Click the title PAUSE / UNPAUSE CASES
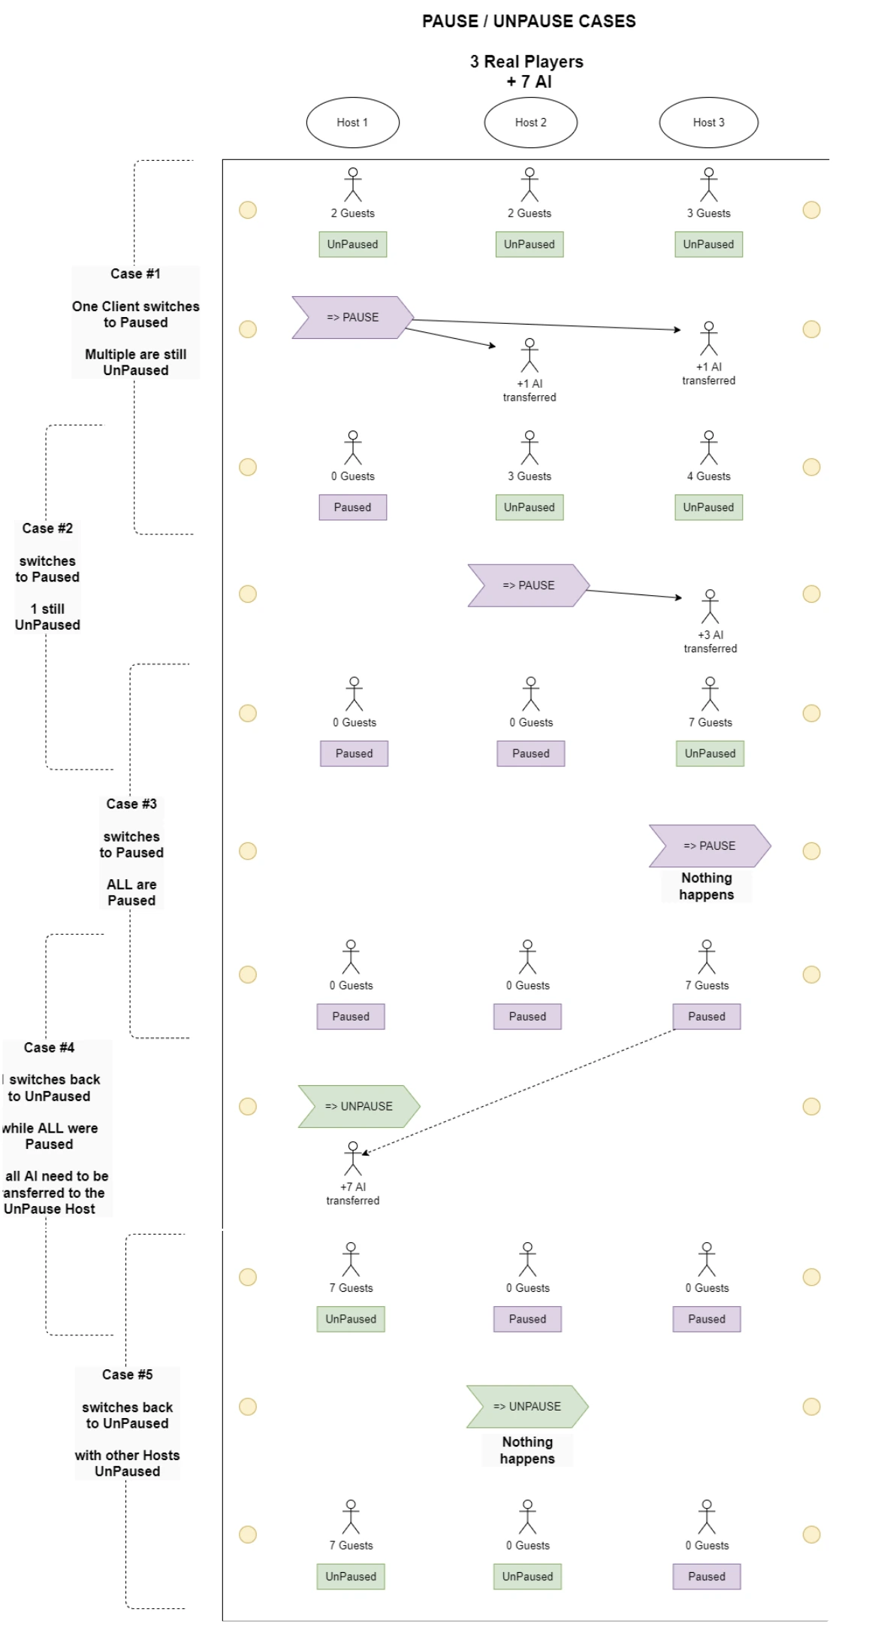[x=529, y=21]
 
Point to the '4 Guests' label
[x=709, y=476]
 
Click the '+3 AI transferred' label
[x=711, y=642]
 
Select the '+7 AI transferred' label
[x=353, y=1193]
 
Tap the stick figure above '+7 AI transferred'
[x=353, y=1158]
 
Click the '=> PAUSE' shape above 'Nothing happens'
[x=710, y=846]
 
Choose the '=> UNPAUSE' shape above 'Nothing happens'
[x=527, y=1407]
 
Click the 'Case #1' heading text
[x=135, y=274]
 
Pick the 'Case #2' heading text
[x=47, y=528]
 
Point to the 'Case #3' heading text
[x=131, y=804]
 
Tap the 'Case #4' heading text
[x=49, y=1048]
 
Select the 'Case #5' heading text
[x=128, y=1374]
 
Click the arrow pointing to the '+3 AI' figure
[x=634, y=594]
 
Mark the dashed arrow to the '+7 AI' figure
[x=518, y=1092]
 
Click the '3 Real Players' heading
[x=526, y=62]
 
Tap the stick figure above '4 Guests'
[x=709, y=448]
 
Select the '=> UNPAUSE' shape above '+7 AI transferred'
[x=359, y=1106]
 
